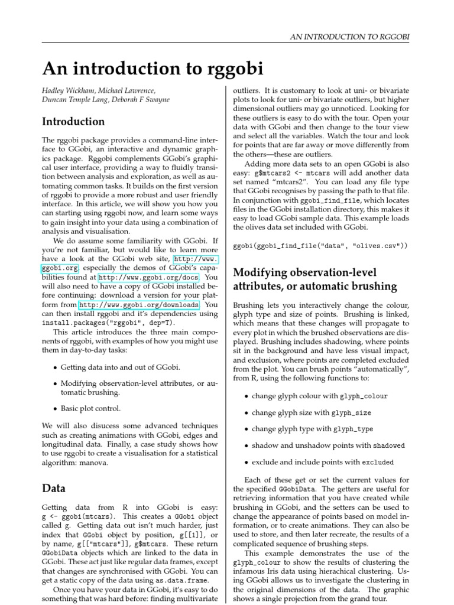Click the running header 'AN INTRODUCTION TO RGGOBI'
tap(350, 37)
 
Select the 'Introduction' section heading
tap(73, 122)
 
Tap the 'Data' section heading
tap(54, 489)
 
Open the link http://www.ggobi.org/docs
tap(148, 277)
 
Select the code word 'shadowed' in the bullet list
tap(389, 446)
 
